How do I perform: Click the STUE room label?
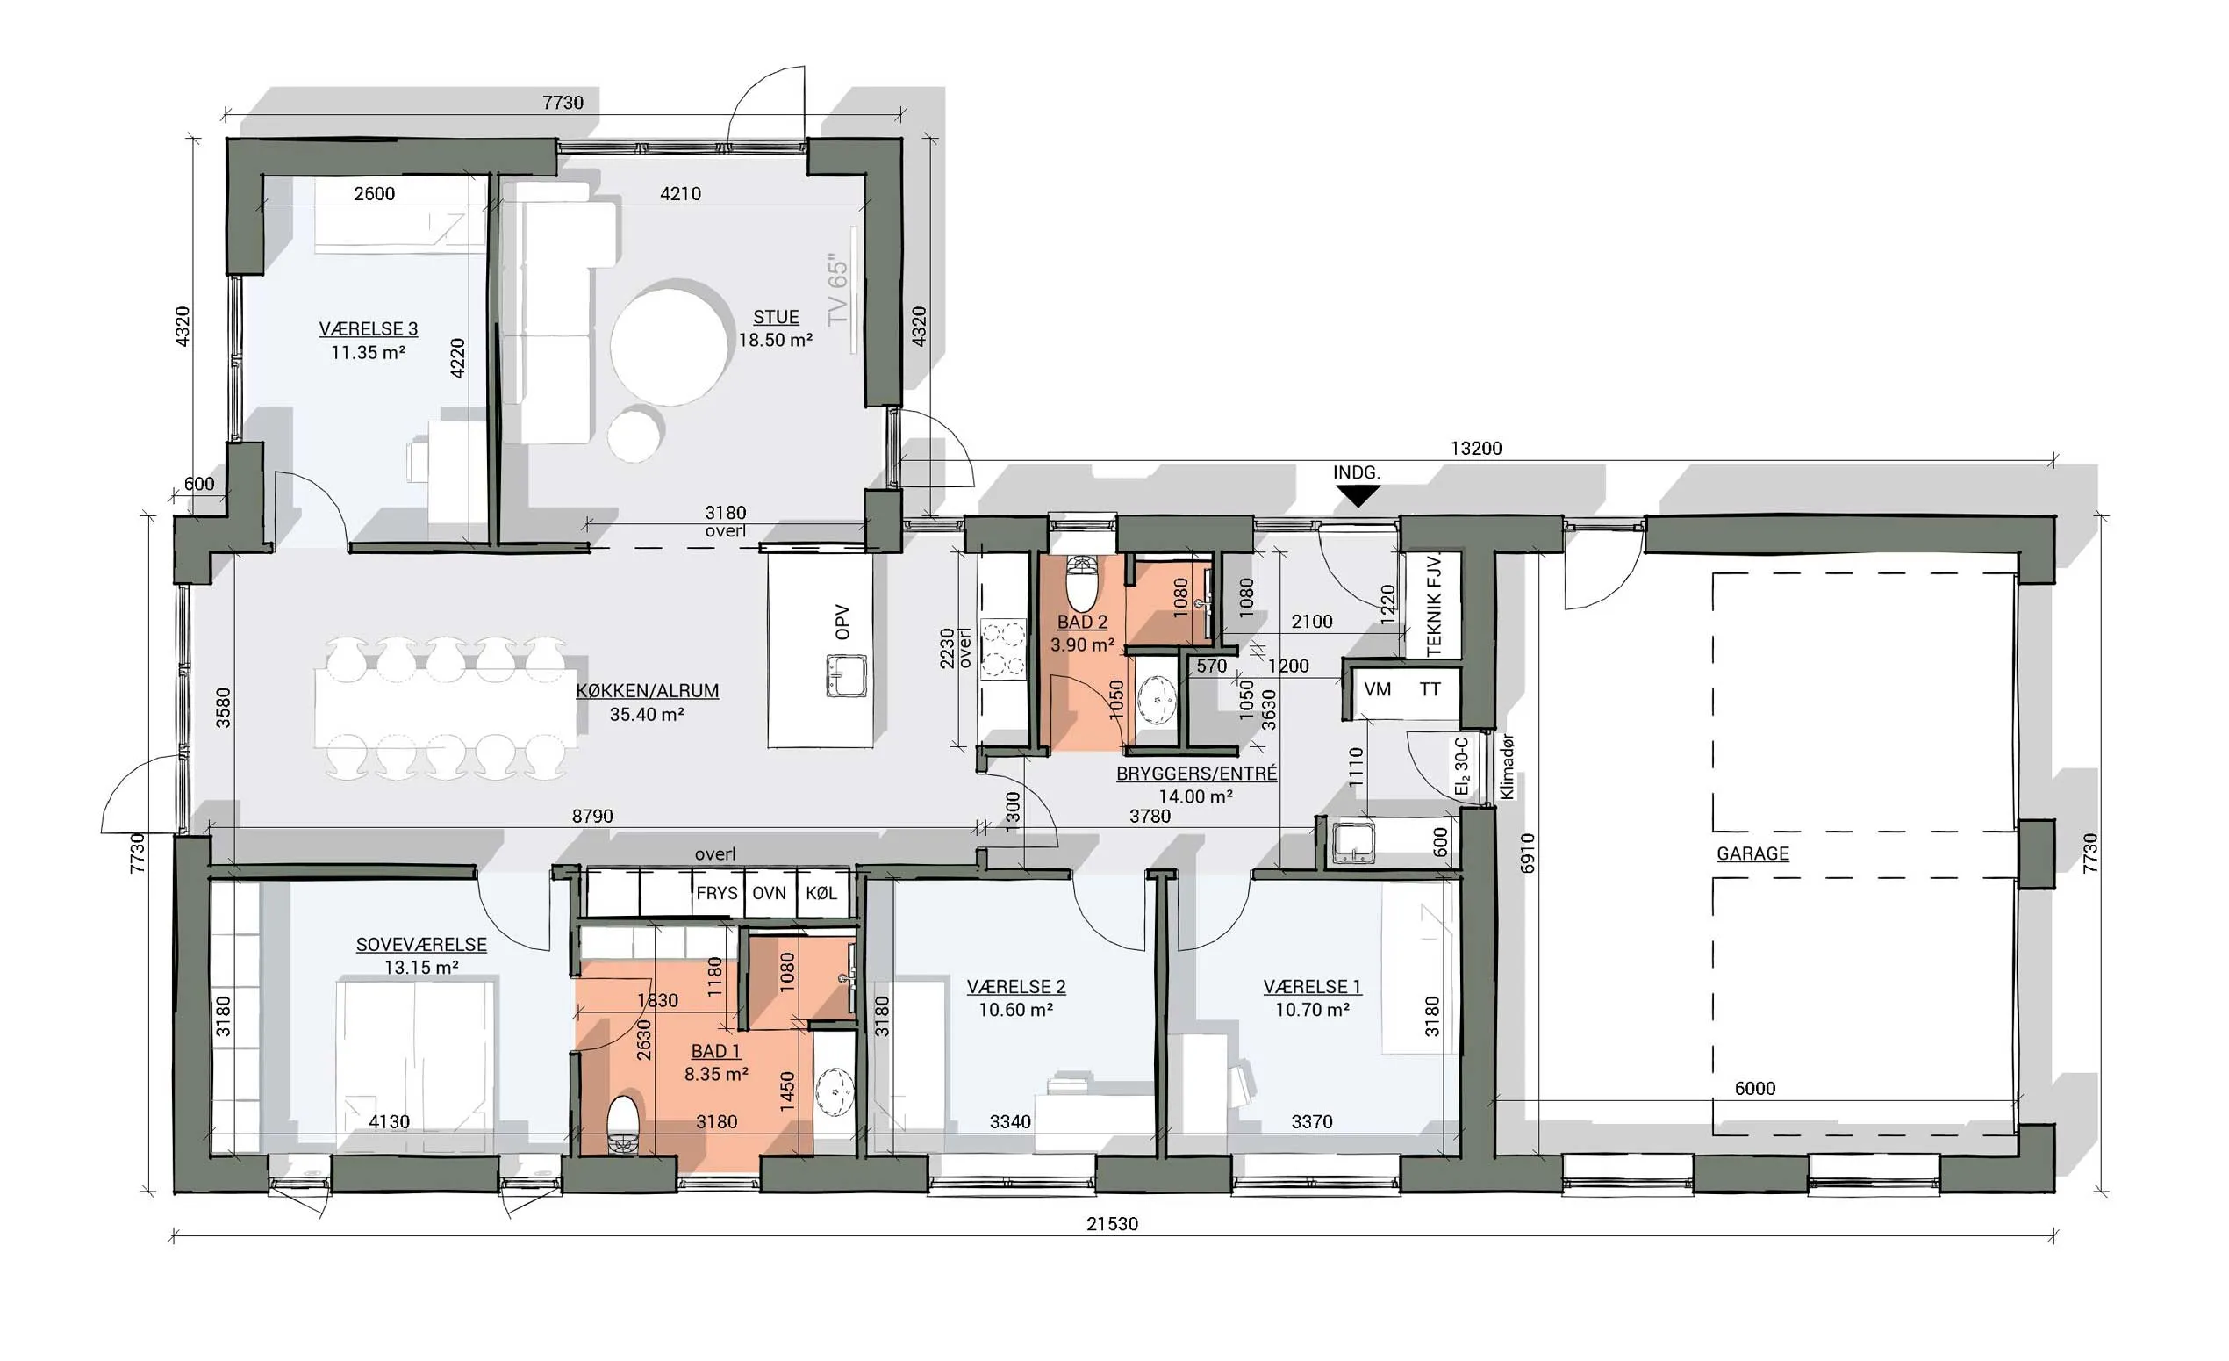[x=776, y=318]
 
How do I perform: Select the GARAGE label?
[x=1752, y=853]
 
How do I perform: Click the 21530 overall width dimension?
[x=1112, y=1223]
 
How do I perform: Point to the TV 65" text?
[x=840, y=292]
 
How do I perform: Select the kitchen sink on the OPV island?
[x=846, y=676]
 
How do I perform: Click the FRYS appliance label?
[x=716, y=893]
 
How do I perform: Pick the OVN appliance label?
[x=769, y=893]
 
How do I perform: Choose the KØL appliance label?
[x=821, y=893]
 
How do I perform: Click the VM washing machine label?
[x=1377, y=689]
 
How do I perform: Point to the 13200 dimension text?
[x=1475, y=448]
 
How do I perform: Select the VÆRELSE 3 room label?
[x=369, y=329]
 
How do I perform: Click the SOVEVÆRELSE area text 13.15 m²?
[x=421, y=968]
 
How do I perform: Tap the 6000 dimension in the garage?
[x=1755, y=1089]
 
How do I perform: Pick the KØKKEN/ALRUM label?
[x=648, y=690]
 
